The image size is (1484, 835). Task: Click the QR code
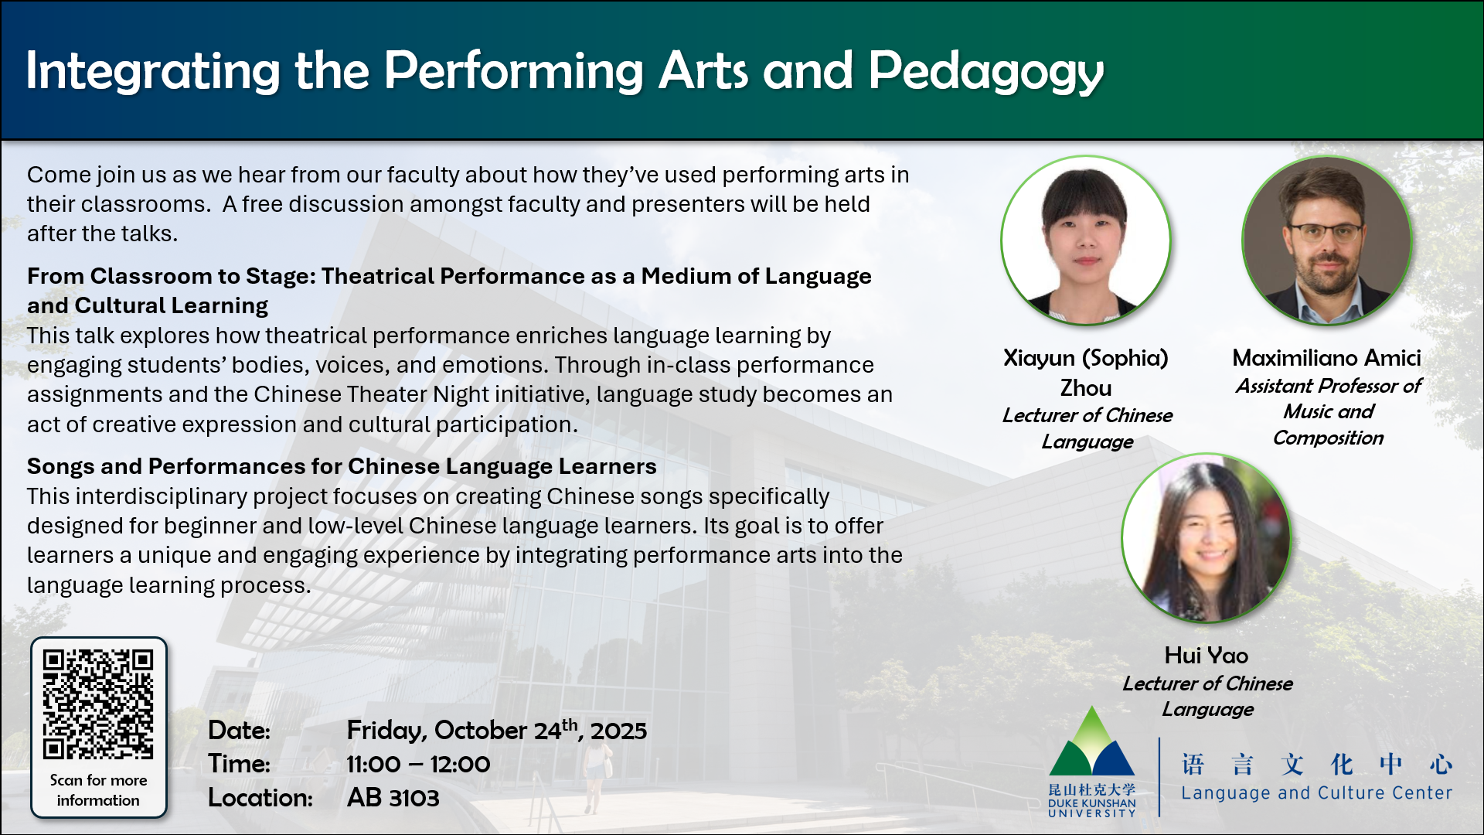tap(98, 704)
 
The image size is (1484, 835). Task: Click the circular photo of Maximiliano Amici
tap(1327, 240)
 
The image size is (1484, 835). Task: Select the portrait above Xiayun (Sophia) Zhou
tap(1086, 240)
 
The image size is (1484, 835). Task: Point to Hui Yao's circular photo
tap(1207, 538)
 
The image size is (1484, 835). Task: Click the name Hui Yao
tap(1207, 656)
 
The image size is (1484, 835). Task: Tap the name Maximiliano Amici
tap(1327, 358)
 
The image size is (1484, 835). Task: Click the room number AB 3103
tap(393, 798)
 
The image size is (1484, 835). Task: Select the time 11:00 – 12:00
tap(418, 764)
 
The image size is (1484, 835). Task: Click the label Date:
tap(239, 731)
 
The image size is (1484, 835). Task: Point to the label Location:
tap(260, 798)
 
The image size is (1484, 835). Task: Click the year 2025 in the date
tap(618, 731)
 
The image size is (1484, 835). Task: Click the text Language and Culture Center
tap(1317, 793)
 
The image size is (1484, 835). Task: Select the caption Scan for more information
tap(98, 790)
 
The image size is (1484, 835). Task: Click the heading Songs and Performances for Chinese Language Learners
tap(342, 466)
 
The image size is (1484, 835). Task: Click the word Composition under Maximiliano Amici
tap(1328, 438)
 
